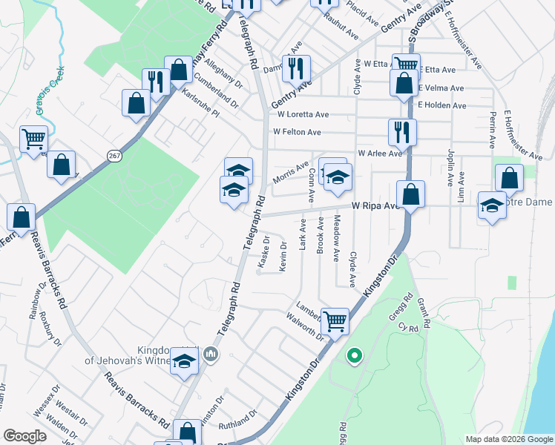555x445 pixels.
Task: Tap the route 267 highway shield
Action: pos(114,155)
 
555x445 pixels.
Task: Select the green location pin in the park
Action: pos(355,357)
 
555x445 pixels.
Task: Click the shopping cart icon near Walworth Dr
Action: pos(335,321)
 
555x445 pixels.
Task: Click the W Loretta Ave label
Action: pos(303,115)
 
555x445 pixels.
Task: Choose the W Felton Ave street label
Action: pos(297,132)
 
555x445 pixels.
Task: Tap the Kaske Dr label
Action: pos(263,251)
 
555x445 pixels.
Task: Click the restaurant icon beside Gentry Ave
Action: pos(296,68)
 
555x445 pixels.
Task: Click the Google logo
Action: pos(25,436)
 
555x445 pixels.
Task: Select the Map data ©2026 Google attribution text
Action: pos(508,439)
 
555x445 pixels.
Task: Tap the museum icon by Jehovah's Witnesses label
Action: pos(212,355)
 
